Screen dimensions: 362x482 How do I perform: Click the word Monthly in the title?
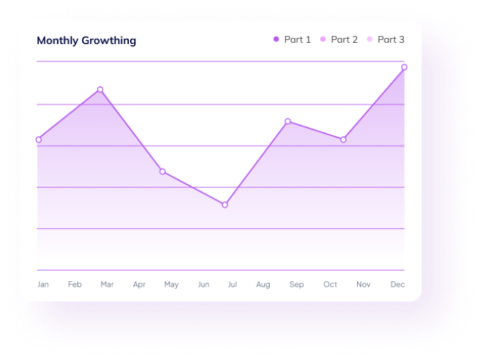pyautogui.click(x=57, y=41)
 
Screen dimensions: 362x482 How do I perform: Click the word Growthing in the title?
pyautogui.click(x=109, y=41)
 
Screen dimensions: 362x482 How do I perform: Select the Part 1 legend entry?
pyautogui.click(x=292, y=39)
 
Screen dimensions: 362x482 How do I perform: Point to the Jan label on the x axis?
pyautogui.click(x=43, y=285)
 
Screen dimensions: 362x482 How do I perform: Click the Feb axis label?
pyautogui.click(x=75, y=285)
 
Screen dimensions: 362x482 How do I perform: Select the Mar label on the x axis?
pyautogui.click(x=107, y=285)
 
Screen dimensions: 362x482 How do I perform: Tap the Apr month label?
pyautogui.click(x=139, y=285)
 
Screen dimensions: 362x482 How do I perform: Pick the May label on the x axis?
pyautogui.click(x=172, y=285)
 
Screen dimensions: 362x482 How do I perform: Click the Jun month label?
pyautogui.click(x=204, y=285)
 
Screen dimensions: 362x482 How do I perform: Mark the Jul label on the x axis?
pyautogui.click(x=232, y=285)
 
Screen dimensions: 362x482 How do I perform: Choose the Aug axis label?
pyautogui.click(x=263, y=285)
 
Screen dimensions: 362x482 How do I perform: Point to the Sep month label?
pyautogui.click(x=296, y=285)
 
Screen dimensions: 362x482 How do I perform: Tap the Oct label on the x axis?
pyautogui.click(x=330, y=285)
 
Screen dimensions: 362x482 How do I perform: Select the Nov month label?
pyautogui.click(x=363, y=285)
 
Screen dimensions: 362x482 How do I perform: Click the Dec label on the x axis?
pyautogui.click(x=397, y=285)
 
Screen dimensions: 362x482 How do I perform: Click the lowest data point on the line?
pyautogui.click(x=225, y=204)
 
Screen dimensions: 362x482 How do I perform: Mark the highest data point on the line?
pyautogui.click(x=405, y=67)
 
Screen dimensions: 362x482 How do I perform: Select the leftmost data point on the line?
pyautogui.click(x=38, y=140)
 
